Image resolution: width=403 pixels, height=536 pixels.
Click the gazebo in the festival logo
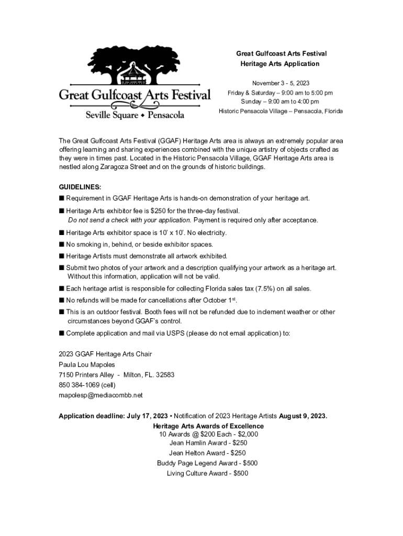(x=135, y=74)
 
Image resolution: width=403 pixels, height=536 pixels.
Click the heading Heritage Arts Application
(x=279, y=64)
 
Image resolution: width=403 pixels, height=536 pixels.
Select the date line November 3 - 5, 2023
(x=280, y=83)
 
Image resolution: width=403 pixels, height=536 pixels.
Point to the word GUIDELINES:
(x=80, y=187)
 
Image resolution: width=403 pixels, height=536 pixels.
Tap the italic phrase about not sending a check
(x=130, y=220)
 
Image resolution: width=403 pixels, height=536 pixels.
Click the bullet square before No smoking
(x=61, y=244)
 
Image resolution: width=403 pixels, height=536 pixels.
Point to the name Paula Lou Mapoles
(x=87, y=364)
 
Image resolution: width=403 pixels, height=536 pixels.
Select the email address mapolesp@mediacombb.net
(x=100, y=395)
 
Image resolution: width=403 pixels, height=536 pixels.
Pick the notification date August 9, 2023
(x=303, y=416)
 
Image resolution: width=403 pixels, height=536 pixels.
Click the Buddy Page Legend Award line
(x=207, y=463)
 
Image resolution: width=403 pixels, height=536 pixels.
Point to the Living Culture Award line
(x=207, y=474)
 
